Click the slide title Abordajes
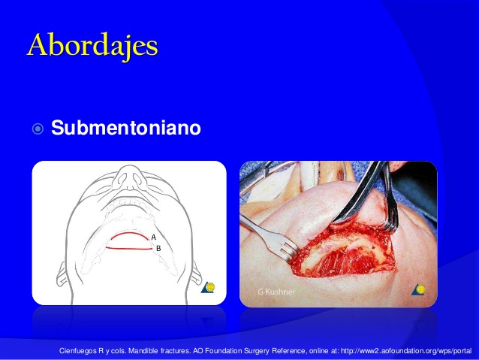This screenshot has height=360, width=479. (93, 46)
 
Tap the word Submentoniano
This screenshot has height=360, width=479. (126, 129)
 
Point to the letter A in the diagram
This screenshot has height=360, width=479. (153, 237)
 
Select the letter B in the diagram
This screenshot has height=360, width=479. (158, 247)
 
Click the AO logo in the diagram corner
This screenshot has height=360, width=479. (210, 289)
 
